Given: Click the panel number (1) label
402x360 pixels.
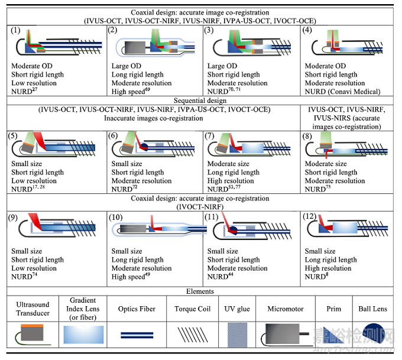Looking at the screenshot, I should pyautogui.click(x=17, y=30).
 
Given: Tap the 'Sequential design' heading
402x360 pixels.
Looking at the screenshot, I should pyautogui.click(x=200, y=101).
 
